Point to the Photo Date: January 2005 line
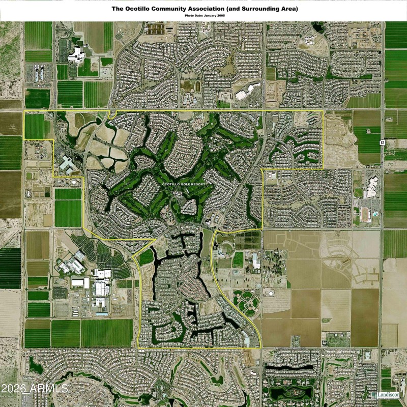click(x=204, y=16)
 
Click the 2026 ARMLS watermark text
click(x=35, y=389)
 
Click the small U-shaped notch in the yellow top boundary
click(x=112, y=113)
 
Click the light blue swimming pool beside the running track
click(x=375, y=215)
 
